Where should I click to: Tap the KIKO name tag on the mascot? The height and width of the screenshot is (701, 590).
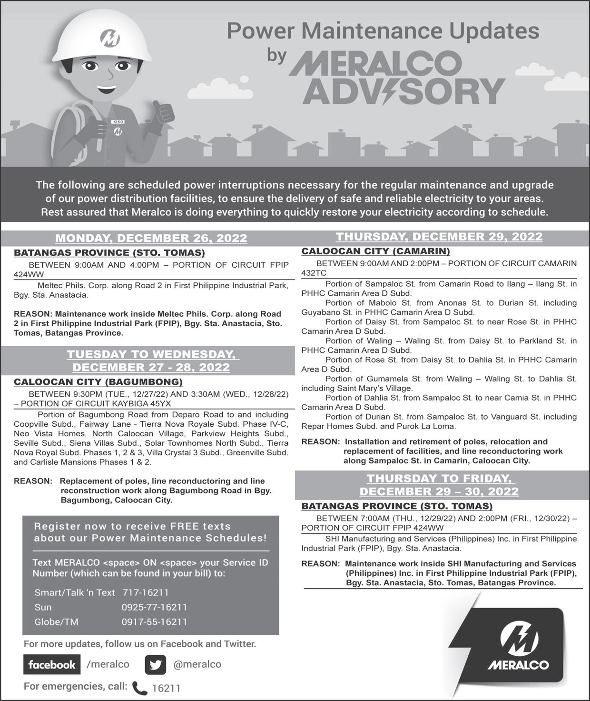coord(118,122)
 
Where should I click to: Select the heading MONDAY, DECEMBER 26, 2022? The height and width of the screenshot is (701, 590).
coord(151,238)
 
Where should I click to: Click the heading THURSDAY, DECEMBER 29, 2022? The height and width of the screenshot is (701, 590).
coord(439,237)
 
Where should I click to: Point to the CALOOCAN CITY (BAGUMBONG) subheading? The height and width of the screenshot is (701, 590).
coord(98,382)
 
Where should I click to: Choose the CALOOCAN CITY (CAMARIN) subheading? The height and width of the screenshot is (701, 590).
coord(375,251)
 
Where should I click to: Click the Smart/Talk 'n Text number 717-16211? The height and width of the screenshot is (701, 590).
coord(146,592)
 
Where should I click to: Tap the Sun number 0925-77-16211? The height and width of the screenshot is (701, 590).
coord(154,607)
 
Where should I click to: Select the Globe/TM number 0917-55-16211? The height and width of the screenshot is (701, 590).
coord(154,622)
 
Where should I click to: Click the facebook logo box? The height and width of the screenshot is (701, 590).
coord(52,665)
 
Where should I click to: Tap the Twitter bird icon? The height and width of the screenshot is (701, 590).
coord(155,665)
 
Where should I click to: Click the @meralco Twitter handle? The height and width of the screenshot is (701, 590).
coord(197,664)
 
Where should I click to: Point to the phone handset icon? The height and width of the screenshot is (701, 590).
coord(139,688)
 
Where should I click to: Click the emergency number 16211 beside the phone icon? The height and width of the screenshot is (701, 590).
coord(166,688)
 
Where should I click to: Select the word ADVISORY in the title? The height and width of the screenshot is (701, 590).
coord(403,91)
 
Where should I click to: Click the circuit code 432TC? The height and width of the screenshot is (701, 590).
coord(314,273)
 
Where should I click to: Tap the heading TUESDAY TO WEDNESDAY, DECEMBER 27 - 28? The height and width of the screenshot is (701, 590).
coord(151,361)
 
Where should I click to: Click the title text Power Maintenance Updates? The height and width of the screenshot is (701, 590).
coord(383,31)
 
